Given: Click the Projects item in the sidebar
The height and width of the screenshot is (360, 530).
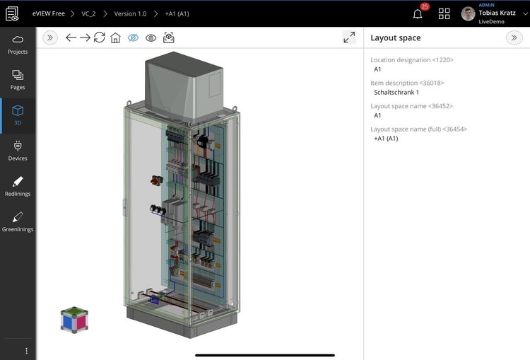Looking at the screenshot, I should point(18,44).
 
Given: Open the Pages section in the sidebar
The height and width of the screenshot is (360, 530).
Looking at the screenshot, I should point(18,79).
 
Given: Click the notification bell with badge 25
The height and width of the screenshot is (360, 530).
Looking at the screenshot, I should point(418,13).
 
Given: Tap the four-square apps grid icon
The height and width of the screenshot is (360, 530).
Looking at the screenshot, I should point(444,13).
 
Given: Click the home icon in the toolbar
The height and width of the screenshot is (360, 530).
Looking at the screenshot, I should point(115,37).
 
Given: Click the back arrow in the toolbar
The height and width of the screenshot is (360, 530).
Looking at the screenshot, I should point(71,37).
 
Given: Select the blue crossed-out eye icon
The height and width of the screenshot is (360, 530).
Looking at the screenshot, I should point(133,37).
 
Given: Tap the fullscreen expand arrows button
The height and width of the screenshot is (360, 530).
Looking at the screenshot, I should point(349,37).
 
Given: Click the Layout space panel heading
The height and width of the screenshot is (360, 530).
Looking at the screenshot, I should point(395,37).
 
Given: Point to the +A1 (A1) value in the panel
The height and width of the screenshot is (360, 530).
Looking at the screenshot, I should point(386,139).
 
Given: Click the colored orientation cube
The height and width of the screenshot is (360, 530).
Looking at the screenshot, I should point(74,320).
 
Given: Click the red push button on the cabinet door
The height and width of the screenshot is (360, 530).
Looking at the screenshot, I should point(155,180).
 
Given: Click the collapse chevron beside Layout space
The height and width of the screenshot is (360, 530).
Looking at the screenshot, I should point(514,37).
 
